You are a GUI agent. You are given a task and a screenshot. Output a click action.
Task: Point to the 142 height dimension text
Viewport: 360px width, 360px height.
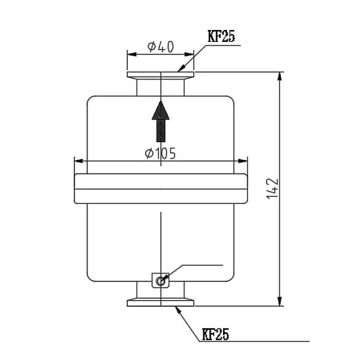pyautogui.click(x=273, y=190)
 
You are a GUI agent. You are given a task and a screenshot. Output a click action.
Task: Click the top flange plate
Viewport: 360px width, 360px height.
pyautogui.click(x=161, y=75)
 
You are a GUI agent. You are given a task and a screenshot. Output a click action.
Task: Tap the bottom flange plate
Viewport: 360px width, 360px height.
pyautogui.click(x=161, y=303)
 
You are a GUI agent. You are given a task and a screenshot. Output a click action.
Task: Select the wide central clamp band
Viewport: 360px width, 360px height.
pyautogui.click(x=161, y=188)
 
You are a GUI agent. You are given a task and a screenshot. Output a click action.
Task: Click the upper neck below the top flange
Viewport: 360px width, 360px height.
pyautogui.click(x=161, y=87)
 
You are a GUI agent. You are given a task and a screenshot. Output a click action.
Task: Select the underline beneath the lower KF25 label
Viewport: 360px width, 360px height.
pyautogui.click(x=253, y=341)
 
